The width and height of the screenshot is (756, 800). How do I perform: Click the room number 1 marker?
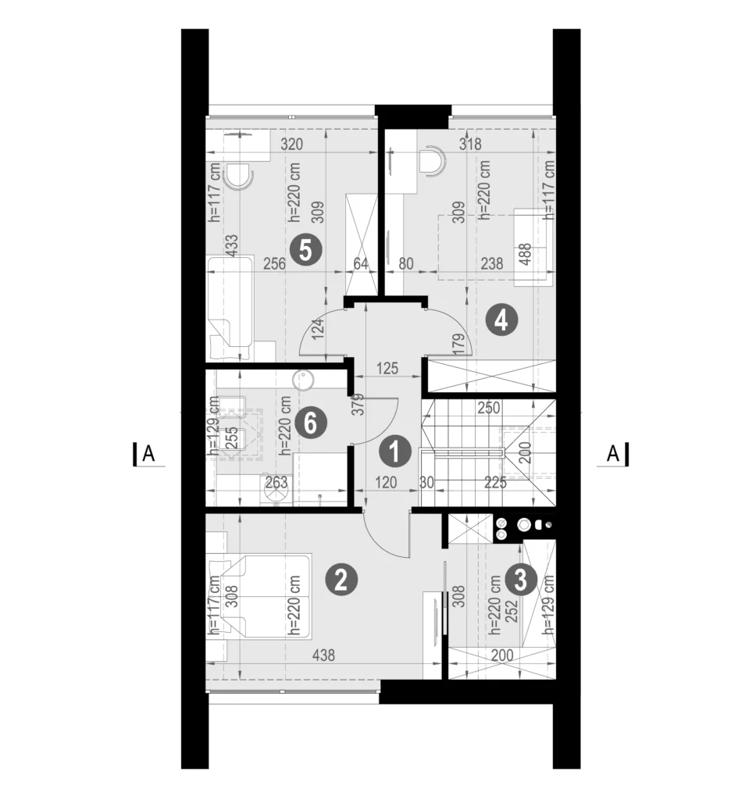pos(394,451)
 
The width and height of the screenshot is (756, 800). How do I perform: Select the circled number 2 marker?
pos(341,580)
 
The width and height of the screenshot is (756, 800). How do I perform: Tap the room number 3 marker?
pos(520,580)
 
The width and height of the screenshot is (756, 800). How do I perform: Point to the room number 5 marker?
pos(305,250)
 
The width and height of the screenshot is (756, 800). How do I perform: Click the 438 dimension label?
pos(323,655)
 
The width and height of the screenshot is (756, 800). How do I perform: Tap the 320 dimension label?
pos(292,145)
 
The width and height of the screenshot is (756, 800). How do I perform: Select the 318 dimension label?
pos(470,144)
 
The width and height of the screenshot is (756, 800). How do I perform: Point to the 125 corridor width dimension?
pos(387,369)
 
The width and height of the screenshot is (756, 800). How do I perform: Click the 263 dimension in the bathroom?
pos(276,482)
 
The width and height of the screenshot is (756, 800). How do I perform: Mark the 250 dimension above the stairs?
pos(489,408)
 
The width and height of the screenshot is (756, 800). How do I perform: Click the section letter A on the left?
pos(148,453)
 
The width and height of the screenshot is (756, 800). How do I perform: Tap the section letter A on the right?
pos(613,453)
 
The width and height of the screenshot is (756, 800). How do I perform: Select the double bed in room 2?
pos(260,596)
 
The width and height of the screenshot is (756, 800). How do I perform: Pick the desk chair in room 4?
pos(432,161)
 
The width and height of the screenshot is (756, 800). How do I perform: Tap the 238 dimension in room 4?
pos(492,264)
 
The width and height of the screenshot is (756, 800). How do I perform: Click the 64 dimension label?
pos(361,264)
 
